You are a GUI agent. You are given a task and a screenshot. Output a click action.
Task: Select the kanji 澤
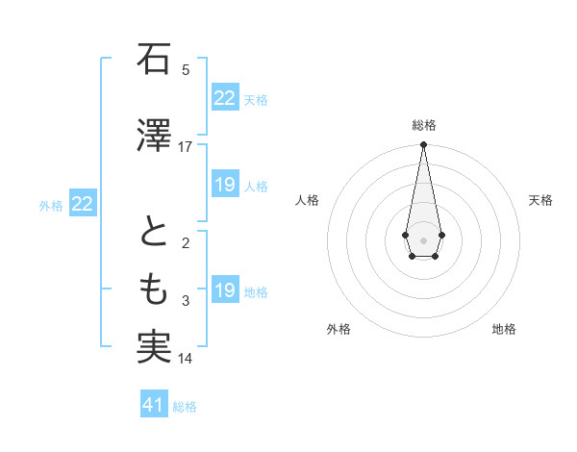153,135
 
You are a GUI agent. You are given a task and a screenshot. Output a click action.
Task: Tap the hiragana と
153,235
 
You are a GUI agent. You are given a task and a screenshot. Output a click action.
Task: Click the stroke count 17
186,147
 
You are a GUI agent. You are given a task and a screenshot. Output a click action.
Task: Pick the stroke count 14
186,360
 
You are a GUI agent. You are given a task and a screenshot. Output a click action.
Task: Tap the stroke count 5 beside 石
186,70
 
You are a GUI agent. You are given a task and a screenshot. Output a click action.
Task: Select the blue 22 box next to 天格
224,98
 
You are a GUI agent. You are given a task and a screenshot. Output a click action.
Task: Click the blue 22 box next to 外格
82,204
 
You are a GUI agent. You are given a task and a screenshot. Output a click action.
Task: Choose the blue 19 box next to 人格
224,185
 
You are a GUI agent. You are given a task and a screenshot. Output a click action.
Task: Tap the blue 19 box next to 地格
224,290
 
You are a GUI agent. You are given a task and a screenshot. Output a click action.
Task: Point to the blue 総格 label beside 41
185,407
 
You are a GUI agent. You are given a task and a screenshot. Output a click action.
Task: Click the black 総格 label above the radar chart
423,125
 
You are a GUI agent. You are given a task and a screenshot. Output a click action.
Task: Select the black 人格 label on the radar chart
308,200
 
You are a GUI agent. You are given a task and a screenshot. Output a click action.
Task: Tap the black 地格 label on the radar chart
504,329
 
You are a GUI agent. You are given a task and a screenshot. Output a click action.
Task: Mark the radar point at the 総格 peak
423,145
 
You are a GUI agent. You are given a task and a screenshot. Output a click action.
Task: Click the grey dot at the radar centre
423,239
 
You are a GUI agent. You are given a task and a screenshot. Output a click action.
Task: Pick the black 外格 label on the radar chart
339,329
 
